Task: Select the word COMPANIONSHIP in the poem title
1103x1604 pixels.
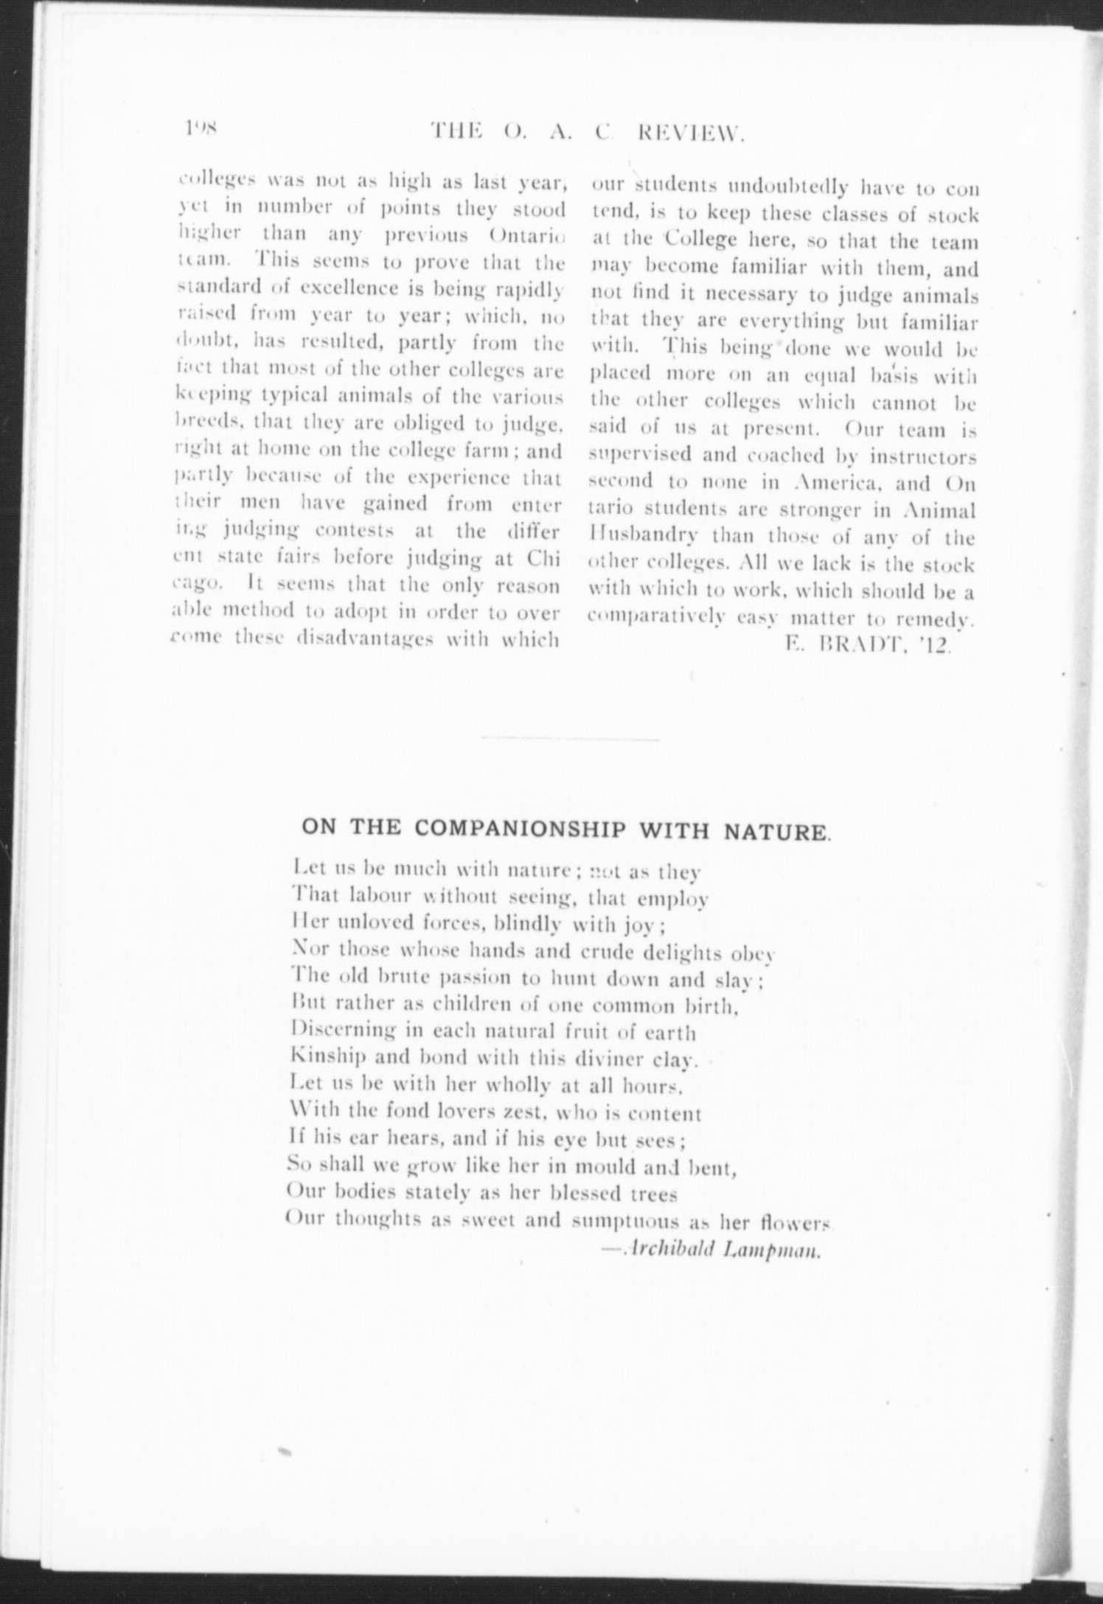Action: click(x=519, y=829)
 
